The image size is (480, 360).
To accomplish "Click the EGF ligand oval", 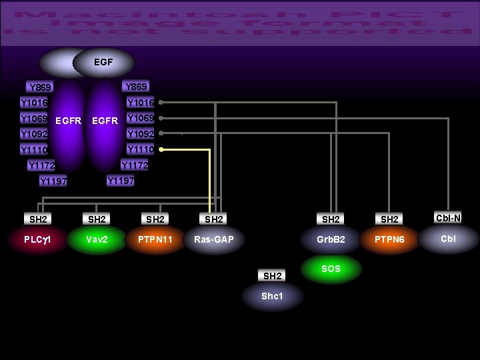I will click(103, 63).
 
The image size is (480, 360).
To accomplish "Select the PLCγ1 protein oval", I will click(38, 239).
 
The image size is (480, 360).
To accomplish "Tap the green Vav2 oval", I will click(97, 239).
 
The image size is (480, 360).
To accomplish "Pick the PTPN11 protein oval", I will click(155, 239).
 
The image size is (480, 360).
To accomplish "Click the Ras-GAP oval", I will click(214, 239).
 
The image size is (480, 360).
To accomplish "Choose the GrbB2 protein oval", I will click(331, 239).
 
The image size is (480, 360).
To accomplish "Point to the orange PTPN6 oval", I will click(389, 239).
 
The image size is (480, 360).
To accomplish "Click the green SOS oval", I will click(331, 269).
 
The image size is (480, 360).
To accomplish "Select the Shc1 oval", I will click(273, 296).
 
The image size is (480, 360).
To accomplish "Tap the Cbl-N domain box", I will click(448, 217).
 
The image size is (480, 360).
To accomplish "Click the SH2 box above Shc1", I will click(273, 275).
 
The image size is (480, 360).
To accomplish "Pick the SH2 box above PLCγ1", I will click(38, 219).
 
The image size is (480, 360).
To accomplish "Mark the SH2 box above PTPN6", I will click(389, 219).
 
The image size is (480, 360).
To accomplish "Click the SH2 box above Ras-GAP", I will click(214, 219).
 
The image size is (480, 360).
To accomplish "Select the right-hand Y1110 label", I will click(141, 149).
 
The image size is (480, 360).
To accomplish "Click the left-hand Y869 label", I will click(41, 87).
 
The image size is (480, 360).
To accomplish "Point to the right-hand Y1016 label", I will click(141, 103).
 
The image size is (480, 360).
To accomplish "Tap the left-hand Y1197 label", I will click(53, 181).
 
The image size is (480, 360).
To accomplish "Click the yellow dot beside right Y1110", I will click(161, 149).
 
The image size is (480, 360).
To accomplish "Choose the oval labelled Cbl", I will click(448, 239).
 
